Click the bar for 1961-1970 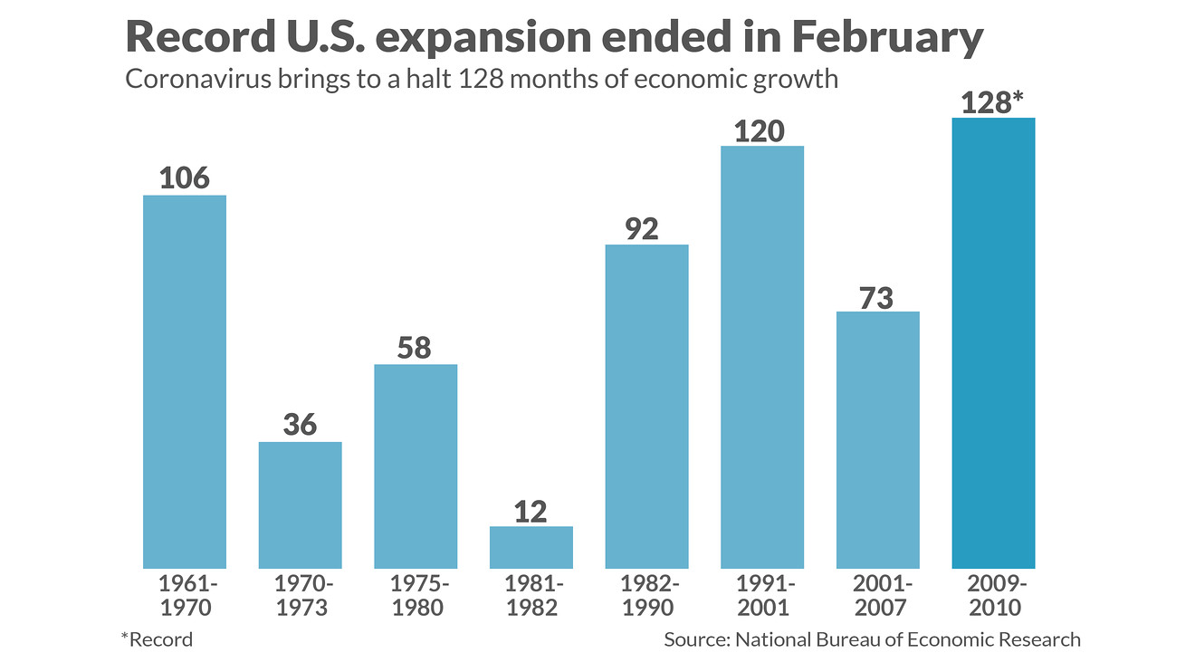click(x=185, y=381)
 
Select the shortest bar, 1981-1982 click(x=531, y=547)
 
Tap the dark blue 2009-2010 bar click(x=993, y=343)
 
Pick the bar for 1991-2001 click(x=762, y=357)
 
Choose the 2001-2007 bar click(x=877, y=440)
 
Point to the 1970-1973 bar click(x=300, y=504)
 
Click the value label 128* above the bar click(x=992, y=102)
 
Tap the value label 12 click(x=531, y=512)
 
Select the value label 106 click(x=184, y=178)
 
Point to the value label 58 click(x=415, y=348)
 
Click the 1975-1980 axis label click(x=416, y=595)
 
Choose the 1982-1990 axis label click(x=646, y=595)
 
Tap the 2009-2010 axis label click(x=993, y=595)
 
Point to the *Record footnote click(x=157, y=639)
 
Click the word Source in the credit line click(x=695, y=639)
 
